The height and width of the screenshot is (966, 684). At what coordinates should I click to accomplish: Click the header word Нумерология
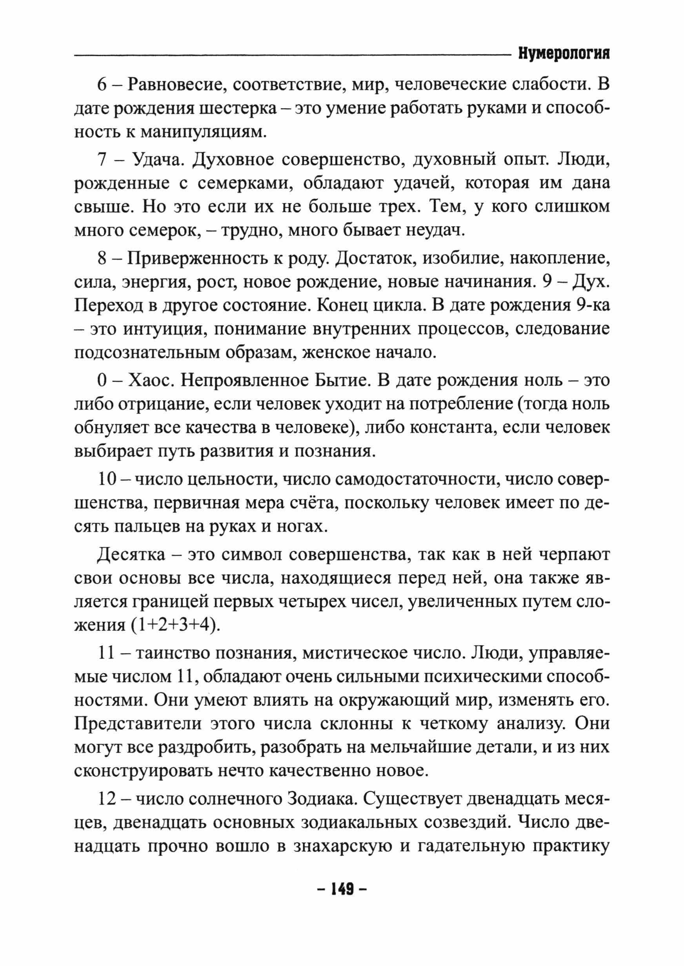(564, 54)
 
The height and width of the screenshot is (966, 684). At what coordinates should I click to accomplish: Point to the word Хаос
(150, 380)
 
